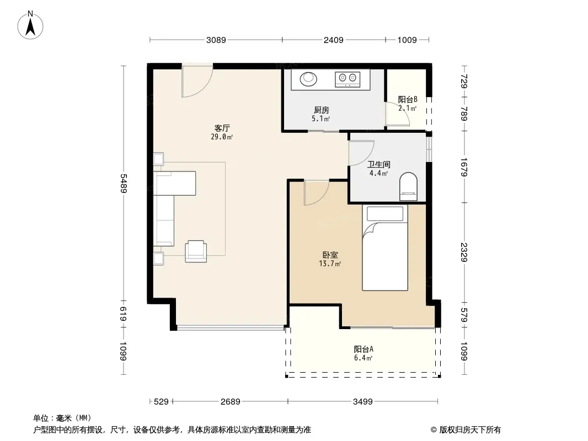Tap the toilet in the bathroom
pyautogui.click(x=408, y=186)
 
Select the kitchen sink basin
pyautogui.click(x=309, y=79)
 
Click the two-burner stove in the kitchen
pyautogui.click(x=348, y=79)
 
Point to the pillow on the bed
pyautogui.click(x=385, y=214)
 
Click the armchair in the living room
pyautogui.click(x=196, y=251)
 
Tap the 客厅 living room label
pyautogui.click(x=222, y=128)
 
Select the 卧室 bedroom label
pyautogui.click(x=330, y=255)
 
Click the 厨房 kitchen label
pyautogui.click(x=322, y=110)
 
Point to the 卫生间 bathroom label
pyautogui.click(x=379, y=164)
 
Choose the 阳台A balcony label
pyautogui.click(x=364, y=349)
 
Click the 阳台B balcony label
pyautogui.click(x=408, y=100)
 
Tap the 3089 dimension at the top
pyautogui.click(x=216, y=40)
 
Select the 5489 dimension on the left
pyautogui.click(x=124, y=183)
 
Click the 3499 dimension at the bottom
pyautogui.click(x=362, y=402)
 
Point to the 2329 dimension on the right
pyautogui.click(x=464, y=252)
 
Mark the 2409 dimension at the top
pyautogui.click(x=333, y=40)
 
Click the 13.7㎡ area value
pyautogui.click(x=330, y=264)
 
